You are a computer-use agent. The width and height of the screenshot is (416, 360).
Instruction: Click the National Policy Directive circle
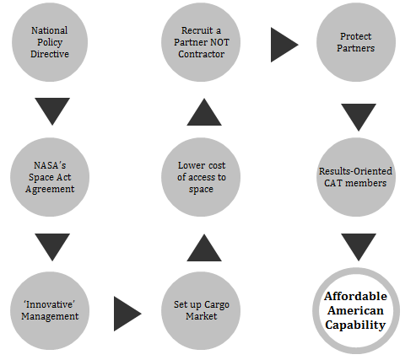[50, 42]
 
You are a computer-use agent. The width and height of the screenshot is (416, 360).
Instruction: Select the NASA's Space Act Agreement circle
[50, 177]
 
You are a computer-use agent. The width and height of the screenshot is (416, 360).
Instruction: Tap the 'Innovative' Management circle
[50, 310]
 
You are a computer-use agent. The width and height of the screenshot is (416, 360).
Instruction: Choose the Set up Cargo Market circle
[201, 310]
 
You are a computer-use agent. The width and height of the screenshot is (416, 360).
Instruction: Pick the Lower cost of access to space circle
[201, 177]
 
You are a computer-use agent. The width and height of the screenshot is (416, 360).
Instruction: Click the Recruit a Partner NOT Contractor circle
[201, 42]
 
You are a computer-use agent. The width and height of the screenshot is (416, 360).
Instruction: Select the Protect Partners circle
[356, 42]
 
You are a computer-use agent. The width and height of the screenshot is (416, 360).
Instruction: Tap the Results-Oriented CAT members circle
[356, 177]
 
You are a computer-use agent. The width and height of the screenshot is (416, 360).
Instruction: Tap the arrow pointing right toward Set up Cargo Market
[126, 314]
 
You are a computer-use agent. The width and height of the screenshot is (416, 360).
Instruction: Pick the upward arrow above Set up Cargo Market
[204, 250]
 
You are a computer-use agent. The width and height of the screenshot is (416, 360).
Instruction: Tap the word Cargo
[217, 305]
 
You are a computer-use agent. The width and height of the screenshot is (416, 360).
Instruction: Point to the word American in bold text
[355, 311]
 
